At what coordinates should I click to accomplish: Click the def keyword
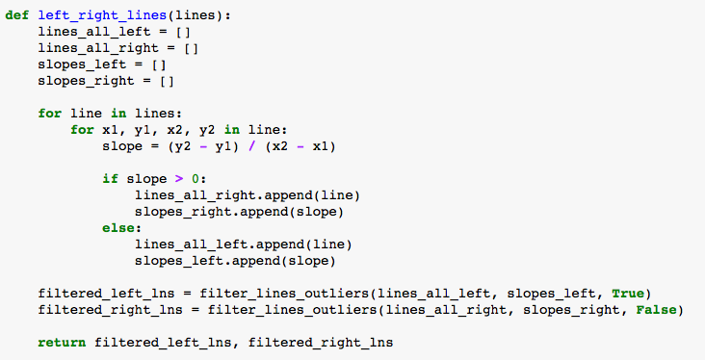click(x=17, y=15)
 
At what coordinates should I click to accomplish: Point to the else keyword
click(x=121, y=228)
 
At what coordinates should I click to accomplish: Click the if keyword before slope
click(x=110, y=178)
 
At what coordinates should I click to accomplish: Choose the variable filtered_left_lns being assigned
click(x=98, y=293)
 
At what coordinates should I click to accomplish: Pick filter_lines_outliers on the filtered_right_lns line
click(x=284, y=309)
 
